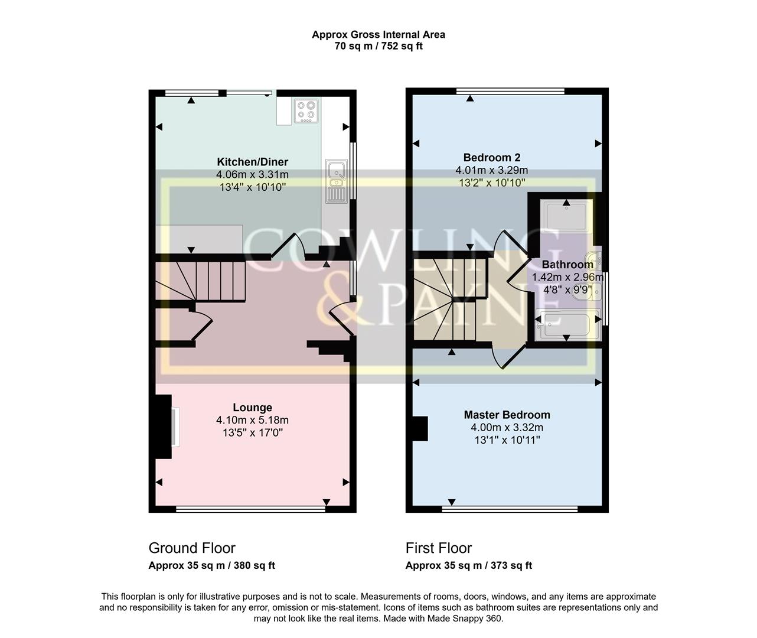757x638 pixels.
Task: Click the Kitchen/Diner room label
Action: click(252, 162)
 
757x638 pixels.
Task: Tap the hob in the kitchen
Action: click(307, 110)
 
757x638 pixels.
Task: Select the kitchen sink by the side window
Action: click(336, 181)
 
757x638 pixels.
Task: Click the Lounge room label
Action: click(252, 408)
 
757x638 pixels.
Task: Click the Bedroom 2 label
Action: click(491, 158)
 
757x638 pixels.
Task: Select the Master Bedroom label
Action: click(507, 415)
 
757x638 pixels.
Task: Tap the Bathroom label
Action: click(567, 265)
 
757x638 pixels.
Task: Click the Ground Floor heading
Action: click(192, 548)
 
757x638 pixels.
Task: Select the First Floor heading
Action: click(439, 548)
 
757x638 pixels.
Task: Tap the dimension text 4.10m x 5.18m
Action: click(252, 421)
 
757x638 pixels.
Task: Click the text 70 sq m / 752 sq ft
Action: click(378, 46)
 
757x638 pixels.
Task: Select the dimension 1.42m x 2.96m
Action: click(567, 277)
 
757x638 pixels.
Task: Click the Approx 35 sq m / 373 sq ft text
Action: click(468, 566)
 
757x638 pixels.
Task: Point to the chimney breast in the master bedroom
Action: click(420, 428)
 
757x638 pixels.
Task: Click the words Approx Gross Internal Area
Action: click(378, 35)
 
